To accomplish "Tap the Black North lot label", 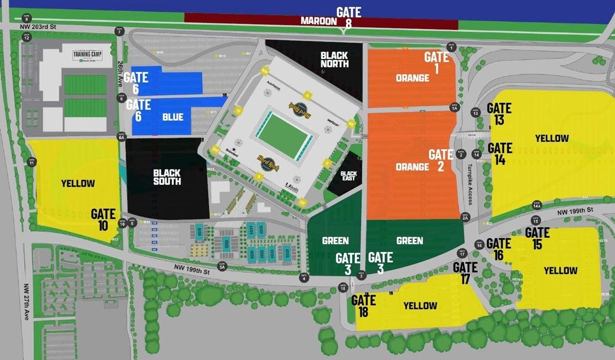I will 334,59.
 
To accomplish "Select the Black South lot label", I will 167,177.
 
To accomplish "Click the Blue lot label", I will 173,117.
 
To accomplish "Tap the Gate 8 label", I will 348,17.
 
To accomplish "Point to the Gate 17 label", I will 465,272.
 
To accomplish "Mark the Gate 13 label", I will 499,113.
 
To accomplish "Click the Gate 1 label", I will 437,62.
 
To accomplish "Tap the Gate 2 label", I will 441,160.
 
